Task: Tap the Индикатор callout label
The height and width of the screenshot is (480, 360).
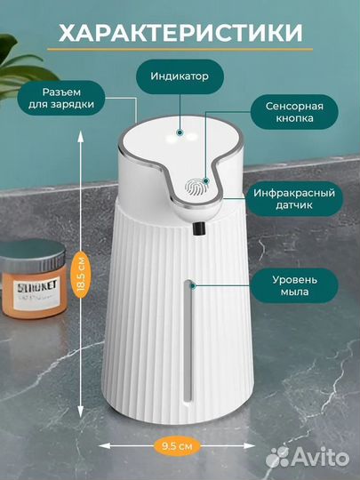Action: point(186,76)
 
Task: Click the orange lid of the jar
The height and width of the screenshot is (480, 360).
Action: point(32,261)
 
